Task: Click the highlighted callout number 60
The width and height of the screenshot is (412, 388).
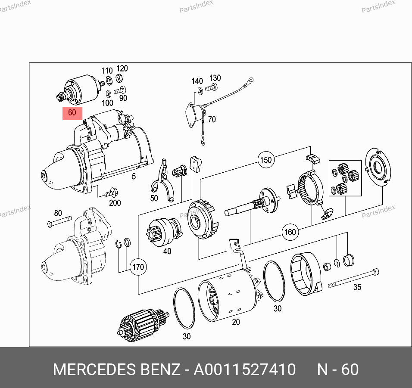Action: pos(72,113)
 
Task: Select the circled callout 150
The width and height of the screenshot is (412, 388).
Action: pos(265,160)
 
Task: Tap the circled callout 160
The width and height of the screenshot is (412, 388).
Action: pos(290,232)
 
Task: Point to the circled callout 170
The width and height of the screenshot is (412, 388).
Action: pos(138,267)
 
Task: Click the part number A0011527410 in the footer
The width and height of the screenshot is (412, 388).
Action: pos(245,369)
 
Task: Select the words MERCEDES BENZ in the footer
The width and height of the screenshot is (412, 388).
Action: pos(117,369)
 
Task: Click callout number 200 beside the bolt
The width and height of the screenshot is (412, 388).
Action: pos(115,203)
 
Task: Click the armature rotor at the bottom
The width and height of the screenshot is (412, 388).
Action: pos(142,325)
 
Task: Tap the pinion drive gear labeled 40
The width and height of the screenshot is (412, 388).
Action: pos(163,232)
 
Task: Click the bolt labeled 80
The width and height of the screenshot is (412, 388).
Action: pos(59,221)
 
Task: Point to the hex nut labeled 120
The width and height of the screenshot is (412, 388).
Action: pos(119,78)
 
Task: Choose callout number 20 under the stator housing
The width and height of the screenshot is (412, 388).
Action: pos(236,322)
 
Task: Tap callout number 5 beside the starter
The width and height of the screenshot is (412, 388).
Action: pos(134,177)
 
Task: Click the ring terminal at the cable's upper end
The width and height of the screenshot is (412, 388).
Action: pos(250,81)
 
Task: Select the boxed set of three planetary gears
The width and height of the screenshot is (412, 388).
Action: pos(345,178)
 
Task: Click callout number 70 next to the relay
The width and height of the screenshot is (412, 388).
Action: pos(212,120)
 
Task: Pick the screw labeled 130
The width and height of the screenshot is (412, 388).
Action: pos(211,88)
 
